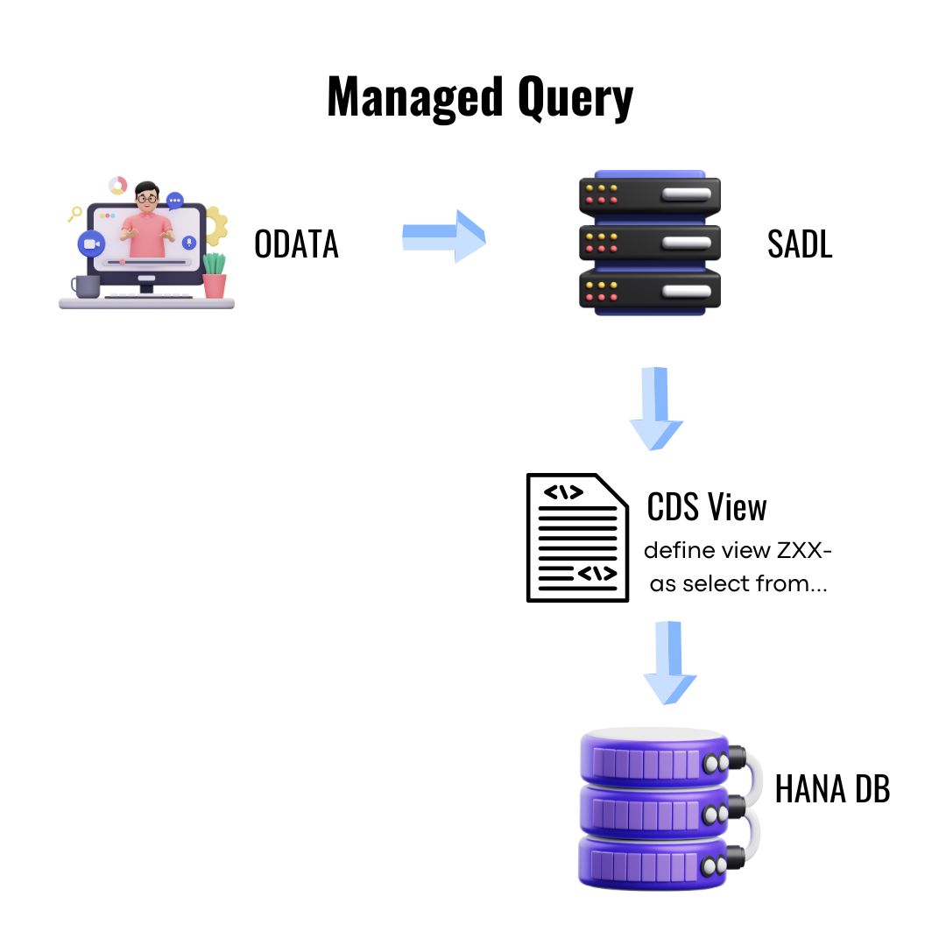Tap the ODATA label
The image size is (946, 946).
pyautogui.click(x=296, y=244)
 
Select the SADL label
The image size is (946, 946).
pyautogui.click(x=799, y=244)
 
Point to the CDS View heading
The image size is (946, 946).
pyautogui.click(x=706, y=506)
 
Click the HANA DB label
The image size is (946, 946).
pyautogui.click(x=832, y=788)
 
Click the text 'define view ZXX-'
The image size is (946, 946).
pyautogui.click(x=738, y=551)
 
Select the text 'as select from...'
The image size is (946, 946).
pyautogui.click(x=738, y=583)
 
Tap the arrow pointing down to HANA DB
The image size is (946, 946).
pyautogui.click(x=669, y=663)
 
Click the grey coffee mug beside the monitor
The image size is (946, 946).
pyautogui.click(x=85, y=286)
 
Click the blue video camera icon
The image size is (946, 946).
pyautogui.click(x=90, y=244)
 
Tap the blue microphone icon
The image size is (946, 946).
pyautogui.click(x=188, y=241)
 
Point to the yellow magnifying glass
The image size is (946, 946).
pyautogui.click(x=75, y=212)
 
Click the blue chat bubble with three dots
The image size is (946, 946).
pyautogui.click(x=175, y=201)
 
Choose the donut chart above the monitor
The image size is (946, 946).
pyautogui.click(x=118, y=186)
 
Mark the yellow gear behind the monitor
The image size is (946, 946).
pyautogui.click(x=216, y=225)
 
